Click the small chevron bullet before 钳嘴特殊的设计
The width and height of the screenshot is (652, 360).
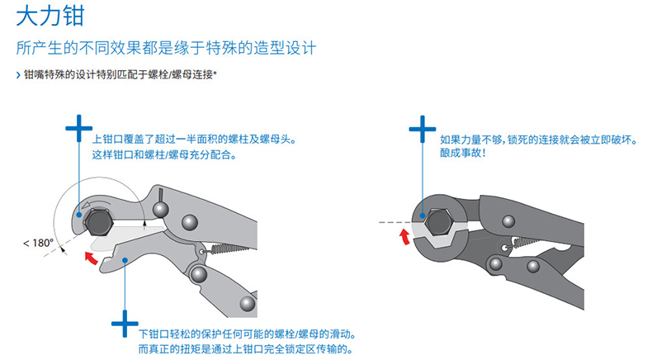click(19, 75)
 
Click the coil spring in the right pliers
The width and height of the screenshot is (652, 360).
click(522, 242)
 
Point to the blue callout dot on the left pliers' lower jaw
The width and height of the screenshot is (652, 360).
click(125, 262)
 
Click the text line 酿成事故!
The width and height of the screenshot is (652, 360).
click(463, 154)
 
